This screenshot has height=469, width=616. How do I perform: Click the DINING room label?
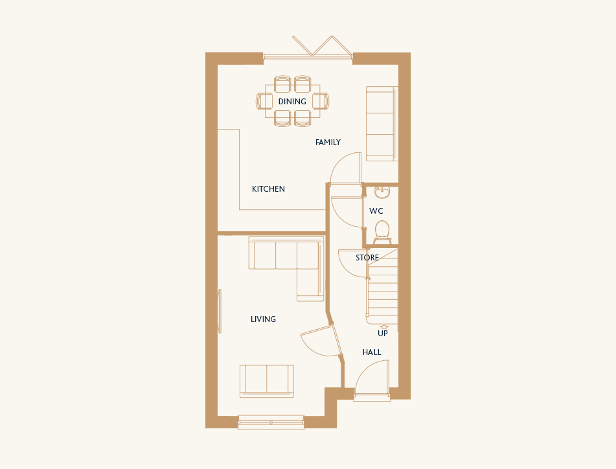(292, 102)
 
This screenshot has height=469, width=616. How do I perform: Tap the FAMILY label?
(328, 143)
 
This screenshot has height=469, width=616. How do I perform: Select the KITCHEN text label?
(268, 189)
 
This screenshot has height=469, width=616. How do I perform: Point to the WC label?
(376, 211)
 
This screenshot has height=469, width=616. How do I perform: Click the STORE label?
(367, 258)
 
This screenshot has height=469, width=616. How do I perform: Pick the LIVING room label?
(263, 319)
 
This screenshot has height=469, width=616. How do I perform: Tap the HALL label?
(372, 352)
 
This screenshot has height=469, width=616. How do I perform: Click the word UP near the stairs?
(383, 334)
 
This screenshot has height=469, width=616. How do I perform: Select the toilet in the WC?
(382, 232)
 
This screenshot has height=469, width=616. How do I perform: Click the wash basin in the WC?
(382, 192)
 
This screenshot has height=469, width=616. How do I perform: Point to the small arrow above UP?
(384, 326)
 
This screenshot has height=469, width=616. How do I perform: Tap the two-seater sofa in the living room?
(267, 381)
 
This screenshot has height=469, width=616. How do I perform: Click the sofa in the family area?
(382, 124)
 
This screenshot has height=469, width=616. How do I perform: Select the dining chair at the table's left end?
(264, 101)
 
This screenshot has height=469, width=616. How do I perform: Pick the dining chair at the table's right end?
(321, 101)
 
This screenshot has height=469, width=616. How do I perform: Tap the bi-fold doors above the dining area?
(308, 49)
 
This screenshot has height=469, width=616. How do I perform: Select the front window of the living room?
(271, 422)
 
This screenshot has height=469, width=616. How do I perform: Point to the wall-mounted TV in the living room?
(220, 311)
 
